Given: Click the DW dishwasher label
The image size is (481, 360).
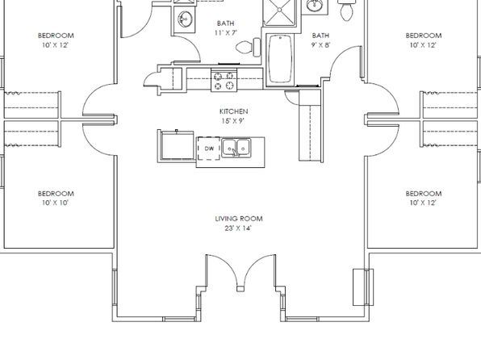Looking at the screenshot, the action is pyautogui.click(x=209, y=149).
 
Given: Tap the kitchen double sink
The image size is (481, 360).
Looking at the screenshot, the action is pyautogui.click(x=236, y=149).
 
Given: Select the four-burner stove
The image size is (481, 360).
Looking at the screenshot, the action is pyautogui.click(x=224, y=81).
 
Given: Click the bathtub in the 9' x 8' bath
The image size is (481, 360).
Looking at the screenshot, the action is pyautogui.click(x=280, y=59).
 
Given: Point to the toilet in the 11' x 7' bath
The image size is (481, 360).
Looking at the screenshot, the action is pyautogui.click(x=249, y=48).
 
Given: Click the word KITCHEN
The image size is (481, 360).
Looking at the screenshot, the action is pyautogui.click(x=233, y=111).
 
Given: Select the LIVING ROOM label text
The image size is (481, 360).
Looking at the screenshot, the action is pyautogui.click(x=239, y=219).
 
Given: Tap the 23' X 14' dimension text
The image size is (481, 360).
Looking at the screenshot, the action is pyautogui.click(x=238, y=228).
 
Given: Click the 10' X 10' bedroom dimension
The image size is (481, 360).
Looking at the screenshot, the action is pyautogui.click(x=56, y=203).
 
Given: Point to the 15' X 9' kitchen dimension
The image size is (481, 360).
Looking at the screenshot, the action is pyautogui.click(x=232, y=121).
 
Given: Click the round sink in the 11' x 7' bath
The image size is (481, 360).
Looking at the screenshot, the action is pyautogui.click(x=185, y=19).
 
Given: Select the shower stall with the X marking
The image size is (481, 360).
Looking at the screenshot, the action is pyautogui.click(x=280, y=12).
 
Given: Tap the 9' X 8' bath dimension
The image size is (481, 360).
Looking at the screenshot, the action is pyautogui.click(x=320, y=45).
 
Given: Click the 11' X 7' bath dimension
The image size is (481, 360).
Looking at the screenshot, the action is pyautogui.click(x=226, y=33).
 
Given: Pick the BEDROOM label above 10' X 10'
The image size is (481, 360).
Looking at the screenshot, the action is pyautogui.click(x=56, y=194).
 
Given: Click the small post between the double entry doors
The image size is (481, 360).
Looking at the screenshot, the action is pyautogui.click(x=240, y=289).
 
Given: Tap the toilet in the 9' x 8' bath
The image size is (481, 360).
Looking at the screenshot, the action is pyautogui.click(x=347, y=10).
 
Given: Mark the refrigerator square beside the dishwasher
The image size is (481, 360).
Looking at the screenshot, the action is pyautogui.click(x=176, y=145).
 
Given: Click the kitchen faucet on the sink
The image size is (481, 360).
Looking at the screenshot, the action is pyautogui.click(x=235, y=153).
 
